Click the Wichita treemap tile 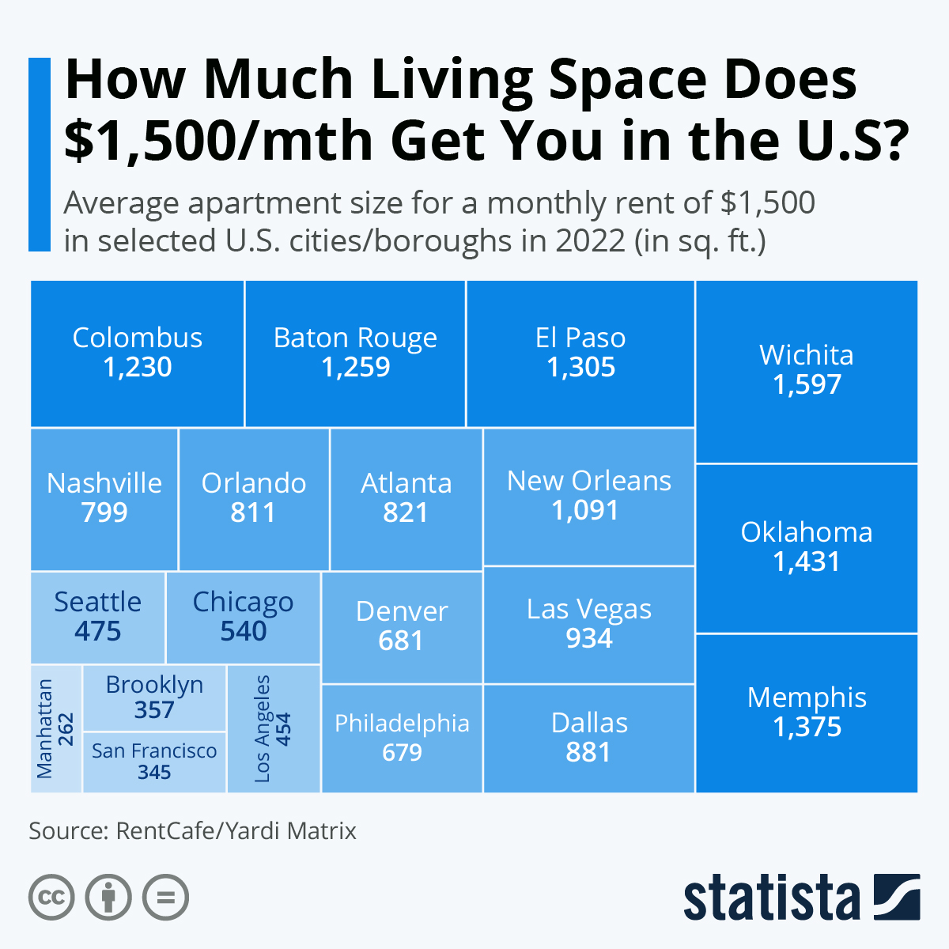point(807,372)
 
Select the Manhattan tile point(56,728)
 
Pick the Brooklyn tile point(154,697)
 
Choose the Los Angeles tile point(274,728)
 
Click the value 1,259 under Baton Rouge point(355,368)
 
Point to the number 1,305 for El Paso point(580,368)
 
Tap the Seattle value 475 point(98,632)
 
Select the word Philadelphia point(402,723)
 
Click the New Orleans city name point(588,481)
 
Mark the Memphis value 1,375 point(807,728)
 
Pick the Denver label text point(402,611)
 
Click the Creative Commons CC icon point(51,898)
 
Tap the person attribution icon point(108,898)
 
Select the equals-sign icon point(165,898)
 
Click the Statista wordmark point(771,898)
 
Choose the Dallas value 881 point(588,752)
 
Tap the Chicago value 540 point(244,632)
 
